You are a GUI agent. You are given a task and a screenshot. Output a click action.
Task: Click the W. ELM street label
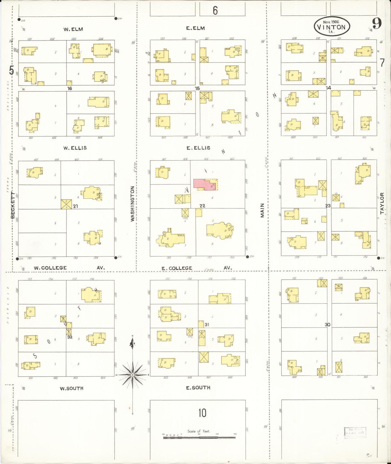[73, 29]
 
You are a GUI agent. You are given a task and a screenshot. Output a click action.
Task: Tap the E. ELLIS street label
[198, 148]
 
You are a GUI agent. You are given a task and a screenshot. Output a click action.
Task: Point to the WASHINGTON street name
[133, 204]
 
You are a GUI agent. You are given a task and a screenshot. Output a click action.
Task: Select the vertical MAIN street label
[262, 210]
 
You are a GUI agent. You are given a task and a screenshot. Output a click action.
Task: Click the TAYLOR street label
[382, 203]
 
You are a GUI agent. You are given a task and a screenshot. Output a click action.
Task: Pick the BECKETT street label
[12, 205]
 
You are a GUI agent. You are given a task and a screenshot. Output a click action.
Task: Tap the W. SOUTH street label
[71, 388]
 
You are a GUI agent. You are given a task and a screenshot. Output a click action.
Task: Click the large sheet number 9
[376, 24]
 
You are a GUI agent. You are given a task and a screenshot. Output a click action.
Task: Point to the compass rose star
[133, 375]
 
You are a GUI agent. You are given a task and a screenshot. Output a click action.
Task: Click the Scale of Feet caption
[199, 431]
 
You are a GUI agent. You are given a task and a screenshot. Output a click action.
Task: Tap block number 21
[75, 206]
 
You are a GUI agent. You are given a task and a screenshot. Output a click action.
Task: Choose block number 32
[70, 337]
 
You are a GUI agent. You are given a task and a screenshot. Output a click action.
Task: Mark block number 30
[327, 325]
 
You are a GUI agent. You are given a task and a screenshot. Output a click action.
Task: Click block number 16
[70, 89]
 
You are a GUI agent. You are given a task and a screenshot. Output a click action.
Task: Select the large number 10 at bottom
[202, 413]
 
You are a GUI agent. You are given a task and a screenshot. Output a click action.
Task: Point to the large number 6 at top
[215, 10]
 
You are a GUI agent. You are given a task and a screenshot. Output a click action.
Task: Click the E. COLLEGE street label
[177, 268]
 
